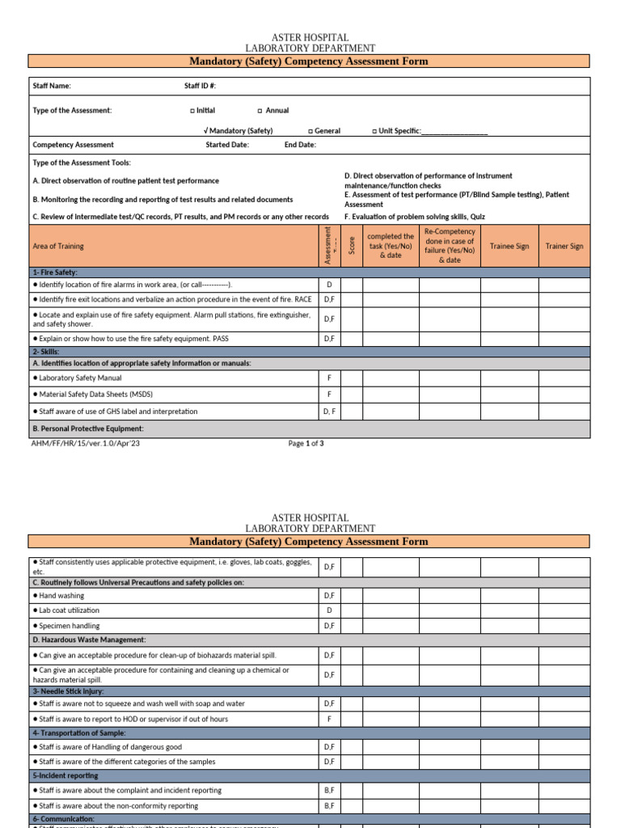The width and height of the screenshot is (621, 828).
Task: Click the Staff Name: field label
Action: (x=52, y=86)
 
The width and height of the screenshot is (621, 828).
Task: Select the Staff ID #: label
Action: (x=200, y=86)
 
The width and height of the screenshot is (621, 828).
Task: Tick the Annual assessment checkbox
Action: (x=260, y=111)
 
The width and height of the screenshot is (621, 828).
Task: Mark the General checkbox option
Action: (x=310, y=131)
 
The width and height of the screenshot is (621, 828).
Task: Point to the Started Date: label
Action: (x=227, y=146)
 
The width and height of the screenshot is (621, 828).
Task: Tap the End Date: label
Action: (x=300, y=146)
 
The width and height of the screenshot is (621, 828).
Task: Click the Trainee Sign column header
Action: (x=509, y=246)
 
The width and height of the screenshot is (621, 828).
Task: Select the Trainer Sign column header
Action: (x=564, y=246)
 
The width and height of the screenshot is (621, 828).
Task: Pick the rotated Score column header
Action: (x=352, y=246)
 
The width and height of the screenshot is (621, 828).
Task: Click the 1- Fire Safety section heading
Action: (x=55, y=272)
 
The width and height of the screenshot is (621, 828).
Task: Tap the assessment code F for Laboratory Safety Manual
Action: (x=329, y=378)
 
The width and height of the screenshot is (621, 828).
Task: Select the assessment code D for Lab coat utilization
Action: (x=329, y=610)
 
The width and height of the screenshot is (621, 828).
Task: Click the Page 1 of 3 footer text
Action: (x=306, y=443)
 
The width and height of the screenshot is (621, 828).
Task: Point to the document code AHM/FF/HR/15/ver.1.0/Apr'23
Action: (x=80, y=443)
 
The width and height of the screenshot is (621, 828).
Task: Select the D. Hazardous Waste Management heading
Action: (x=89, y=640)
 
